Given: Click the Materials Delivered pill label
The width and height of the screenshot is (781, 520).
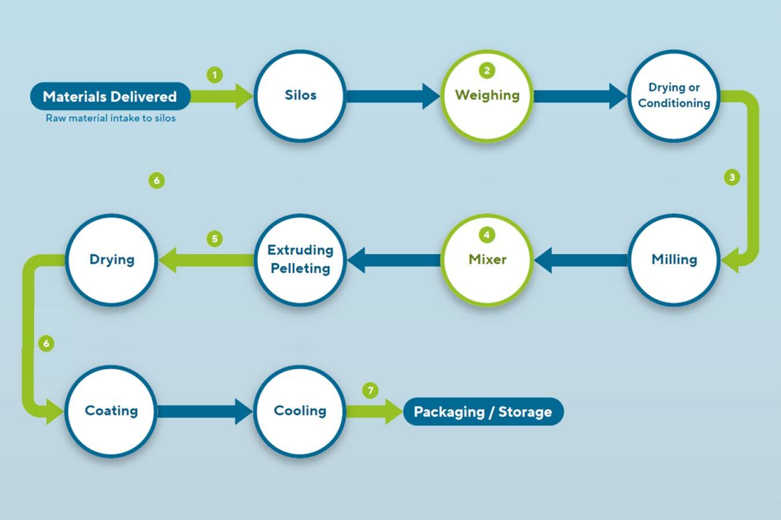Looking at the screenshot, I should coord(110,96).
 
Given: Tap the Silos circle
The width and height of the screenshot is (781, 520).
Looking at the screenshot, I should coord(300,96).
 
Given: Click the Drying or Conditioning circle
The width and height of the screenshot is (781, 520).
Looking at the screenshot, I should coord(674,96).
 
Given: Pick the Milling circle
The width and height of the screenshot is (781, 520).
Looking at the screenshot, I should coord(674,260).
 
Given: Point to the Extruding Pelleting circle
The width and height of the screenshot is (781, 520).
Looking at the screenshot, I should coord(300,260).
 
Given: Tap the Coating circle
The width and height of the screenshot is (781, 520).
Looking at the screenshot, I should coord(111,411).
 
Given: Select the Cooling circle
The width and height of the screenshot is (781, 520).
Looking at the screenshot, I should coord(300,411).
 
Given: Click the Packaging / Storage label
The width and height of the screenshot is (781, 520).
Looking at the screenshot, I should coord(483,412).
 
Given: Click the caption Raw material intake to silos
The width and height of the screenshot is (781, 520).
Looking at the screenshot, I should coord(110,118).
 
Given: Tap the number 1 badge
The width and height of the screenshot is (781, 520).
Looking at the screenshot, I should coord(215,75).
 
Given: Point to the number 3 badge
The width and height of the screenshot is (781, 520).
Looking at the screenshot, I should coord(732,177).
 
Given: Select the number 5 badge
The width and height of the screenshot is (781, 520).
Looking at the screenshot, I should coord(215,239).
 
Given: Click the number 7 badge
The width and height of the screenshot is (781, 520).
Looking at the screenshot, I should coord(370,391).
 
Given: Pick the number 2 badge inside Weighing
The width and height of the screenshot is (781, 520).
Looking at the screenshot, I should coord(487,70).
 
